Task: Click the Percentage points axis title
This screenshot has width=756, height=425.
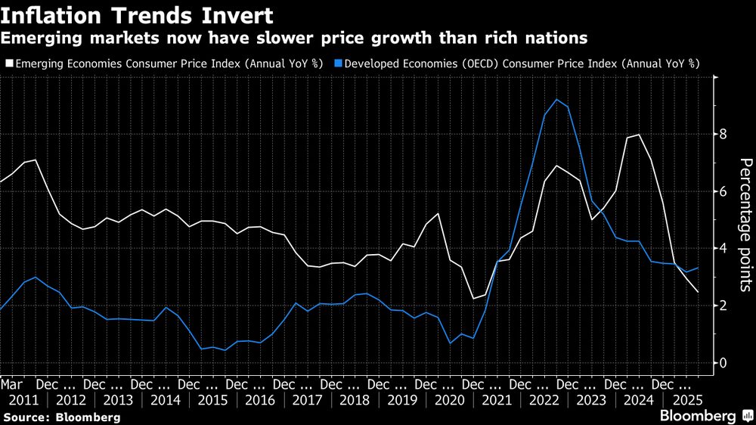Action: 744,225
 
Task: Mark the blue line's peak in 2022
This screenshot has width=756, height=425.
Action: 556,100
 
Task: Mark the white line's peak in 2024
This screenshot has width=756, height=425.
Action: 640,135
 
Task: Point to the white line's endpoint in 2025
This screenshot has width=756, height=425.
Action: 698,292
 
